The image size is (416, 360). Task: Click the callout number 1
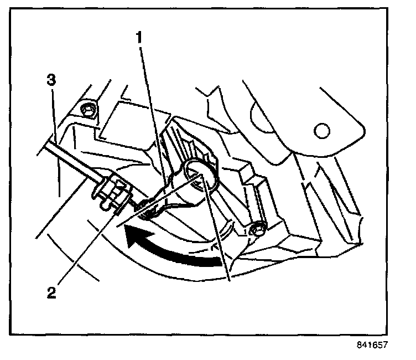click(140, 38)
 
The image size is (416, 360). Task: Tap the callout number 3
click(50, 80)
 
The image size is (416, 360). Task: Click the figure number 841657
click(373, 344)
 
